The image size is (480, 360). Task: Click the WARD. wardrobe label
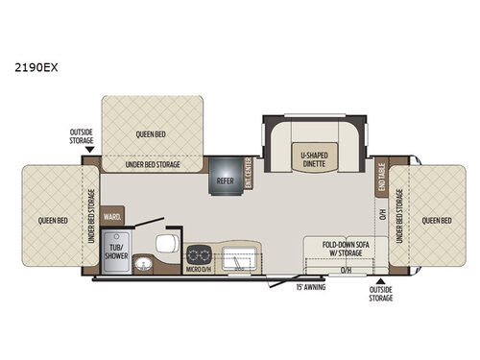pyautogui.click(x=110, y=217)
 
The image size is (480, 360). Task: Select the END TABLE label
pyautogui.click(x=380, y=174)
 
